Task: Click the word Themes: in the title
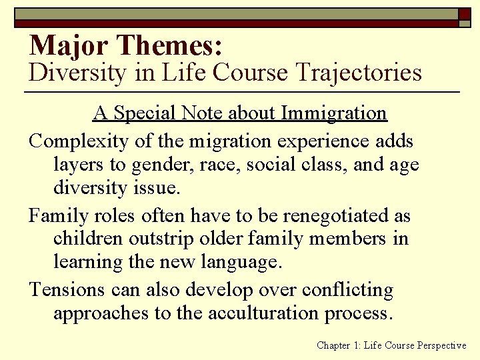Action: (169, 45)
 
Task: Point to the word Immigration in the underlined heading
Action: (334, 113)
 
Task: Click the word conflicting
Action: (347, 290)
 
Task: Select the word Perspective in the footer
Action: (441, 345)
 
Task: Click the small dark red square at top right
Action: (464, 13)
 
